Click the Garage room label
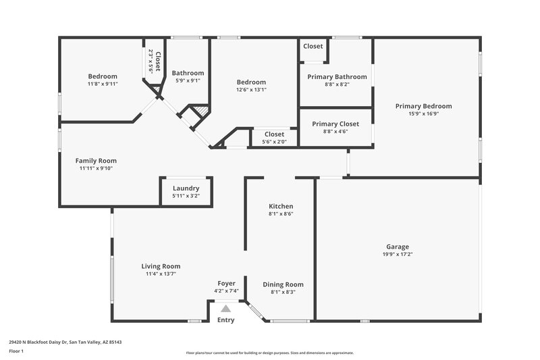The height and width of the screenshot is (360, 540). pyautogui.click(x=398, y=247)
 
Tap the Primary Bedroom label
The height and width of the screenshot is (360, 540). pyautogui.click(x=423, y=106)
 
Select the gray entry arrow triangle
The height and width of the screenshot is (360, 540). pyautogui.click(x=226, y=308)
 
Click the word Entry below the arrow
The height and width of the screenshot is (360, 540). pyautogui.click(x=226, y=320)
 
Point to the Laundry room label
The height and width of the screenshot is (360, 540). pyautogui.click(x=186, y=188)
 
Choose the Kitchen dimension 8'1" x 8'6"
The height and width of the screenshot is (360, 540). pyautogui.click(x=281, y=214)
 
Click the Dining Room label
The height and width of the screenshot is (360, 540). pyautogui.click(x=283, y=284)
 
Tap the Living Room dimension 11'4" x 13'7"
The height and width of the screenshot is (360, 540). pyautogui.click(x=161, y=274)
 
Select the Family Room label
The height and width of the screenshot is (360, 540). pyautogui.click(x=96, y=161)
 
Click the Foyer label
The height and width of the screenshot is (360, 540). pyautogui.click(x=226, y=283)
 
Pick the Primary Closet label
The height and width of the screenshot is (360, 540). pyautogui.click(x=335, y=124)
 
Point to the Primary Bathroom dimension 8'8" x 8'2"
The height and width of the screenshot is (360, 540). pyautogui.click(x=337, y=85)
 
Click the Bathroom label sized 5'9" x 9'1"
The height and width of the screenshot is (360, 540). pyautogui.click(x=188, y=73)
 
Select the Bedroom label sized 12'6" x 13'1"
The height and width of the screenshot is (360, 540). pyautogui.click(x=251, y=82)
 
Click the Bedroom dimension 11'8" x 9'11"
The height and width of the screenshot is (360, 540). pyautogui.click(x=103, y=84)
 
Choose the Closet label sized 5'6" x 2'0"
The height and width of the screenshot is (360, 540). pyautogui.click(x=274, y=134)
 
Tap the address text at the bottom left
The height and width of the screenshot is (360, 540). pyautogui.click(x=65, y=342)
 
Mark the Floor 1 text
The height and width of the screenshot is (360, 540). pyautogui.click(x=16, y=352)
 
